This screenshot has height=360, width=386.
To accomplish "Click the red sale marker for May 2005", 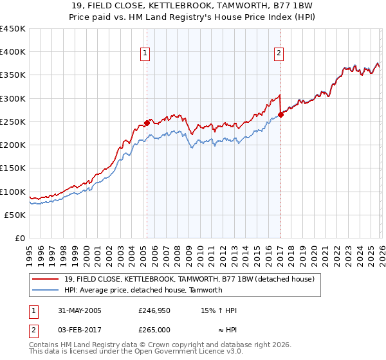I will (147, 123).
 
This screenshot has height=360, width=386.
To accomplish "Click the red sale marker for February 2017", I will (280, 114).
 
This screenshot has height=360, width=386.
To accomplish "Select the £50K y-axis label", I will (15, 215).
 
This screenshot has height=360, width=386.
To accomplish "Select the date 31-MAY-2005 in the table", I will (75, 310).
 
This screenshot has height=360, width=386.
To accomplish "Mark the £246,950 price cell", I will (154, 310).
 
